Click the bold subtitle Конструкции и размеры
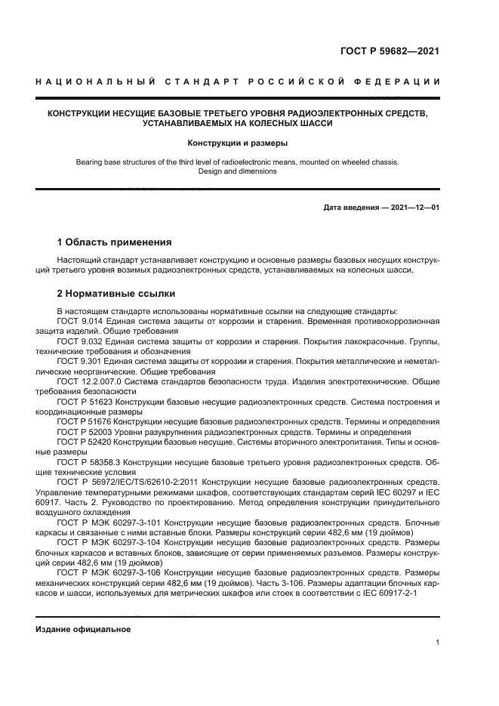[238, 142]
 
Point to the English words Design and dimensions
[238, 171]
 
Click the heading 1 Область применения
[115, 242]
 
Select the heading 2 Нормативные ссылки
[116, 292]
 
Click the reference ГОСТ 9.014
[80, 321]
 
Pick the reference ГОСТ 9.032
[80, 341]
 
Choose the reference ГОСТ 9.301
[80, 362]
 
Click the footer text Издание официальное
[84, 629]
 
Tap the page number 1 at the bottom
[437, 643]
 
